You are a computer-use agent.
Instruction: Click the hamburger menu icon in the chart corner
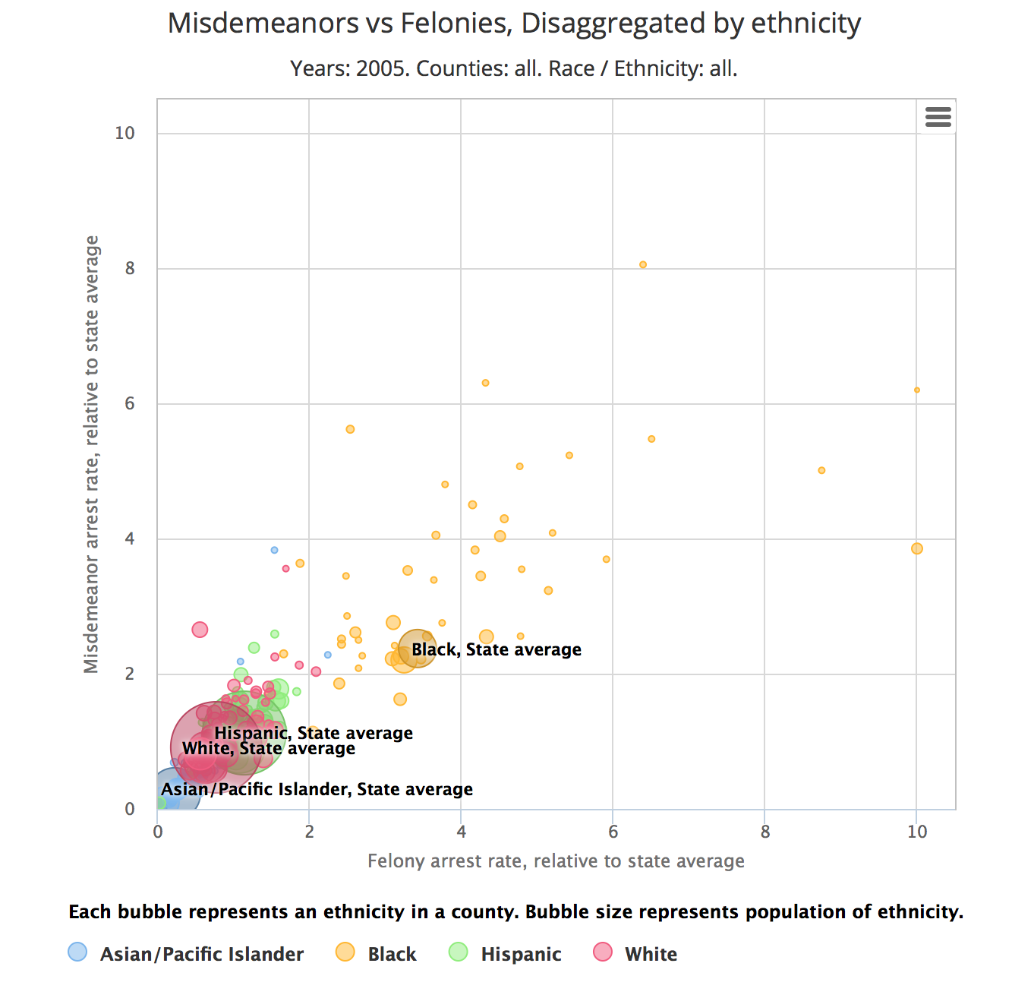pos(938,117)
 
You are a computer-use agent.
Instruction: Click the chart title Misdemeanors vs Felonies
pos(514,24)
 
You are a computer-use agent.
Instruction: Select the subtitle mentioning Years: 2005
pos(514,69)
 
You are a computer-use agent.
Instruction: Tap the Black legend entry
pos(377,954)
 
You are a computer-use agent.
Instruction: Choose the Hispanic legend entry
pos(506,954)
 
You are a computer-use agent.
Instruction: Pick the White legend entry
pos(635,954)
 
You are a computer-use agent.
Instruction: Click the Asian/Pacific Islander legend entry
pos(187,954)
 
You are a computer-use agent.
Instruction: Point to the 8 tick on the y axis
pos(130,268)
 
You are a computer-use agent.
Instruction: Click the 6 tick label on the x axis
pos(613,832)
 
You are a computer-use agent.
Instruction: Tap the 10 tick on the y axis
pos(125,133)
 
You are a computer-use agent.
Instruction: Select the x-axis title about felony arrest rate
pos(556,861)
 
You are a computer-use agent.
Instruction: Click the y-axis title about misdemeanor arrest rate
pos(92,454)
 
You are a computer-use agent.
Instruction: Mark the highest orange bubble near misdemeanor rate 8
pos(643,265)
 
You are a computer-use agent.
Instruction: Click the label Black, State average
pos(497,650)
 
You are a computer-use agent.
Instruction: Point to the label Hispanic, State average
pos(314,734)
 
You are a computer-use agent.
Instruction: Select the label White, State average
pos(269,749)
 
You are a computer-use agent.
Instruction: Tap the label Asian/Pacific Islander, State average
pos(317,790)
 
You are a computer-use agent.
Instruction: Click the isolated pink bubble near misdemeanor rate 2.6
pos(200,630)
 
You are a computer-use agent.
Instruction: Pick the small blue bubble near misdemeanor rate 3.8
pos(274,550)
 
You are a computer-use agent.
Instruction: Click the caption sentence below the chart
pos(516,912)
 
